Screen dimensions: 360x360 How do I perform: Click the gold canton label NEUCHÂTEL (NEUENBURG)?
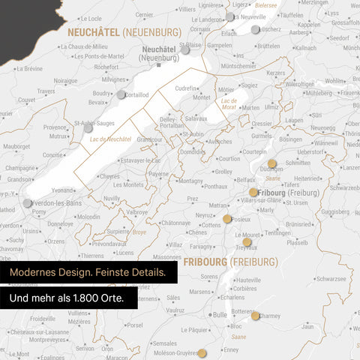(124, 32)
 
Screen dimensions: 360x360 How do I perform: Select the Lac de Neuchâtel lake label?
(109, 139)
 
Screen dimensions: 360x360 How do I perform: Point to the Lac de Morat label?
(229, 103)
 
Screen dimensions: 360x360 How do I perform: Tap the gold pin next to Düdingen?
(271, 163)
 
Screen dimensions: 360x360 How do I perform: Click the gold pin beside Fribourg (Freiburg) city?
(253, 192)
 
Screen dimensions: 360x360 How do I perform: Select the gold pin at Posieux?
(227, 219)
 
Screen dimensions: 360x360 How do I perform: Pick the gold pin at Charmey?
(255, 316)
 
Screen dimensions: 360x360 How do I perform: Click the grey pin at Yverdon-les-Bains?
(28, 203)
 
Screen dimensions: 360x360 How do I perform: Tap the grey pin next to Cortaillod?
(121, 94)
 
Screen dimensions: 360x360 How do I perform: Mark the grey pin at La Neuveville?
(229, 16)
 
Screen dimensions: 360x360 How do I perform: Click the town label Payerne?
(157, 174)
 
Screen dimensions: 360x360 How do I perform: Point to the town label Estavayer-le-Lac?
(140, 160)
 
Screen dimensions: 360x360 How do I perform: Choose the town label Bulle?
(219, 315)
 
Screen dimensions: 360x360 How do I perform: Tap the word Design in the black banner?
(82, 272)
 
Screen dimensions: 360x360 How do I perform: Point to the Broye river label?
(139, 232)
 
